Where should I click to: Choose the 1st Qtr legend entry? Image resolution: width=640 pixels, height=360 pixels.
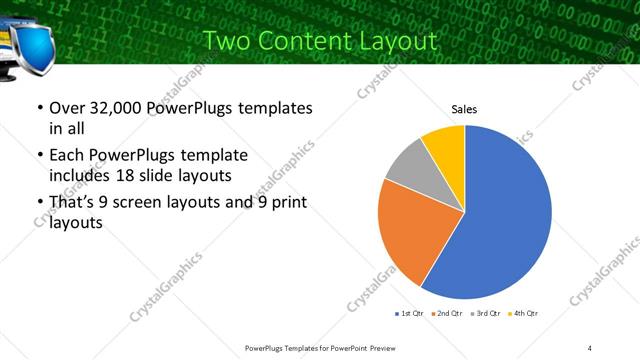[x=411, y=314]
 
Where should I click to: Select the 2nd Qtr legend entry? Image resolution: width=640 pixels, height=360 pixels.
[x=446, y=314]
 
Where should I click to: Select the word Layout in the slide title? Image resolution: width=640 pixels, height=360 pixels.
[x=399, y=41]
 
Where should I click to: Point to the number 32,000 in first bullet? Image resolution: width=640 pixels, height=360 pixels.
[x=110, y=107]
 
